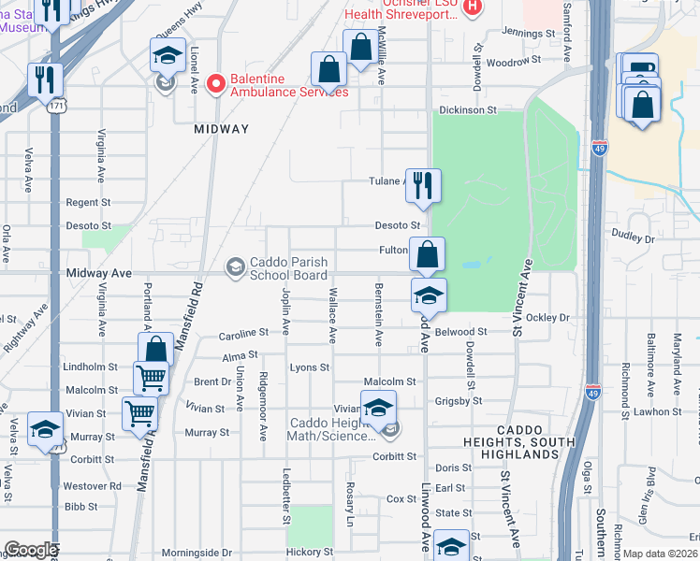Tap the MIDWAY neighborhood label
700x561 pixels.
222,129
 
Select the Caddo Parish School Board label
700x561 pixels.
287,268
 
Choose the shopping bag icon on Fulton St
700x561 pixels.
427,254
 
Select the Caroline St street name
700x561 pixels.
244,333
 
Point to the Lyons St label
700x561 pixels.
309,367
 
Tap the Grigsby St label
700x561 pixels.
458,401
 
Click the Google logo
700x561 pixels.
31,549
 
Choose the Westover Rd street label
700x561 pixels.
92,486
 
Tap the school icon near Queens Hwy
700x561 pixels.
168,57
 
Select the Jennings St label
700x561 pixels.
528,33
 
